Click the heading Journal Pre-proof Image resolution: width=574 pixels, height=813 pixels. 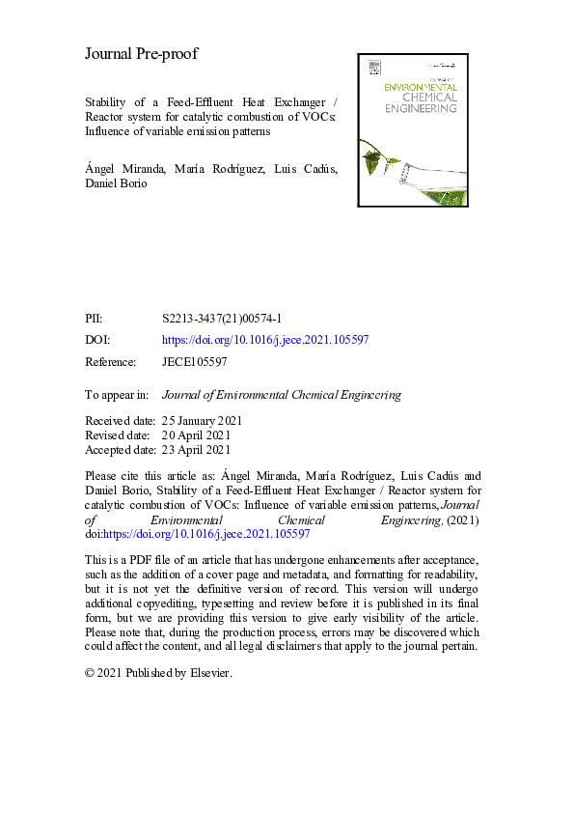(x=141, y=54)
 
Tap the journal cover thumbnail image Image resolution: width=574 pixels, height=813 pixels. (x=414, y=129)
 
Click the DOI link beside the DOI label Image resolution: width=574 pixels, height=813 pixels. (x=265, y=340)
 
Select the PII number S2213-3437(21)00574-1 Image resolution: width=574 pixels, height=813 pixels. (x=222, y=318)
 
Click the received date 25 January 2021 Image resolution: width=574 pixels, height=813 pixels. (x=203, y=421)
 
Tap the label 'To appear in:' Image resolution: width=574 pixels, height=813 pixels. (x=117, y=394)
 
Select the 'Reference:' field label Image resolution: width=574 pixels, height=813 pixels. (x=111, y=362)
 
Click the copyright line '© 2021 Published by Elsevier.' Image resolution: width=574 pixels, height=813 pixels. (x=159, y=672)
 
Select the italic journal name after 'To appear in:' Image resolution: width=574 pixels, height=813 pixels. (x=281, y=394)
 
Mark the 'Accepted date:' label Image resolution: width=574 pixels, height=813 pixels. (x=121, y=450)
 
